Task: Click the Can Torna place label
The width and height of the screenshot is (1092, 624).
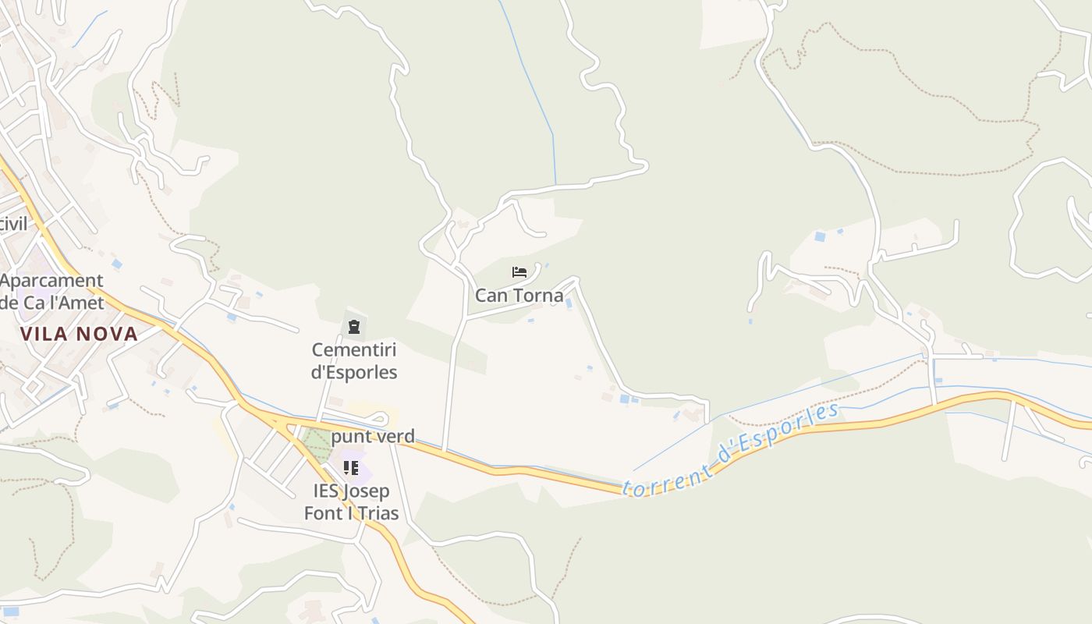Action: click(x=519, y=296)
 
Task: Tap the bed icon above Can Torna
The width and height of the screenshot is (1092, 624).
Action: click(x=519, y=272)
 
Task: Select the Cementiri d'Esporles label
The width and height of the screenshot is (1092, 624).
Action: click(x=354, y=361)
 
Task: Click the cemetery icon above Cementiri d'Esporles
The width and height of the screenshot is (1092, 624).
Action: click(x=354, y=327)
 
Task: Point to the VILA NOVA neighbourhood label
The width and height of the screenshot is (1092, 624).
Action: click(x=79, y=335)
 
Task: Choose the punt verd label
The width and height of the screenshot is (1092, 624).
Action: click(x=373, y=437)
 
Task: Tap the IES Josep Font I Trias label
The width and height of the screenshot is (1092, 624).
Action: click(x=351, y=502)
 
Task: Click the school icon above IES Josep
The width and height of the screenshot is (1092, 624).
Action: click(x=351, y=468)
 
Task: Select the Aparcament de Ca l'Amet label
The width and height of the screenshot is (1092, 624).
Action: click(x=51, y=291)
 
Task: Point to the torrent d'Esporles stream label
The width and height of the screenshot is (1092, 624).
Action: click(x=731, y=451)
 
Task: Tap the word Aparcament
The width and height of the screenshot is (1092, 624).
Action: click(x=51, y=281)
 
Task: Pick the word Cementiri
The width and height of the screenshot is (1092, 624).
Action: click(x=354, y=350)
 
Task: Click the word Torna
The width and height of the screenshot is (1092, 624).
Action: click(x=538, y=296)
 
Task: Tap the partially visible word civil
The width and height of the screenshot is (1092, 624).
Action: click(x=12, y=225)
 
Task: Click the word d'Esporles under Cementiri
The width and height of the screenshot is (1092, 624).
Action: click(x=354, y=372)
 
